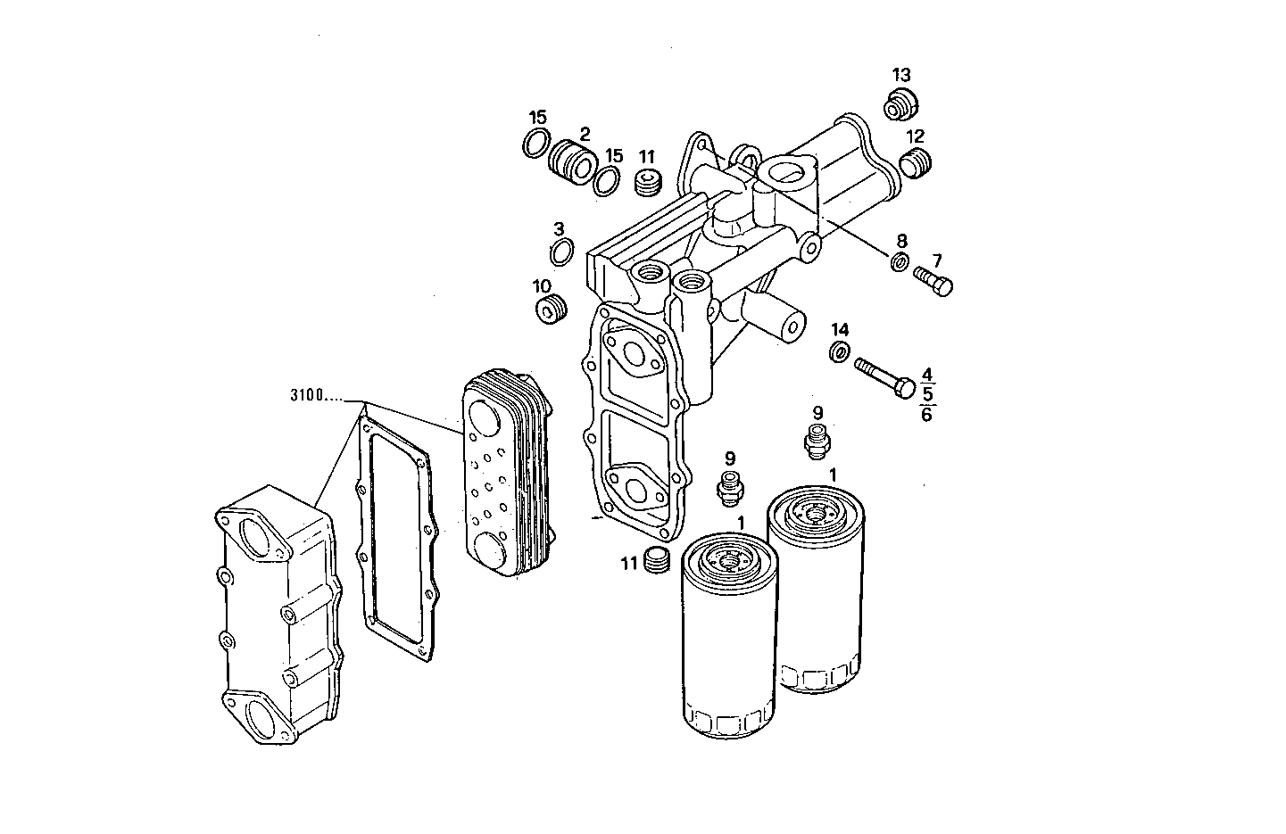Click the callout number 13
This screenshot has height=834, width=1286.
(902, 74)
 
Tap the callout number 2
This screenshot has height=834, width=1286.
(585, 135)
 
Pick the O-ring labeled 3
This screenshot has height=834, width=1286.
(561, 252)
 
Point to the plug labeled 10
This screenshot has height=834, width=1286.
(550, 310)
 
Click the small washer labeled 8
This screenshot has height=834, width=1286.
(900, 262)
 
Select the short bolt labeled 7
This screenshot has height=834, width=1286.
(933, 285)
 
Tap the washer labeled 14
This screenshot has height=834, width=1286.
(840, 352)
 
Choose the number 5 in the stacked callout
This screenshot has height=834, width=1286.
(927, 393)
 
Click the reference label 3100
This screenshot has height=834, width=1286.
(309, 395)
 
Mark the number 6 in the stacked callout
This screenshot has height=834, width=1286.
(927, 414)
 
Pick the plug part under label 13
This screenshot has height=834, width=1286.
(899, 105)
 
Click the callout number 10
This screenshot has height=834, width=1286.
(542, 286)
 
